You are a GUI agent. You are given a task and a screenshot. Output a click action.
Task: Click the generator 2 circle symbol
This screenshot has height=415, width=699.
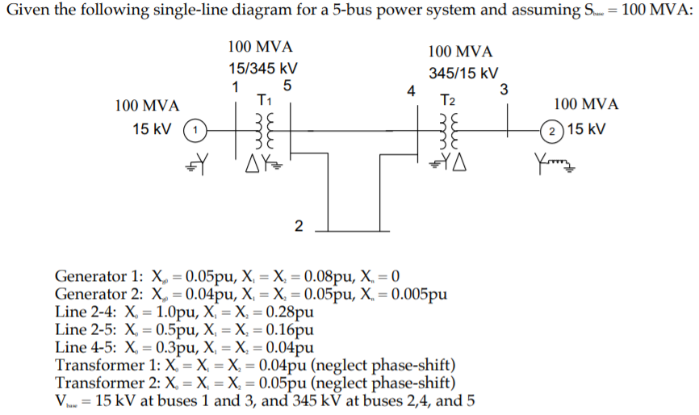tap(550, 129)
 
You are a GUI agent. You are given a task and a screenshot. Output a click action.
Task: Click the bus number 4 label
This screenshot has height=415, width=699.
tap(411, 89)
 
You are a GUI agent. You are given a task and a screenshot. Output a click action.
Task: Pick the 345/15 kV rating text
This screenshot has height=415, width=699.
tap(463, 73)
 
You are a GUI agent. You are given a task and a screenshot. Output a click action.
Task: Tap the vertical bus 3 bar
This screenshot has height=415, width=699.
tap(506, 129)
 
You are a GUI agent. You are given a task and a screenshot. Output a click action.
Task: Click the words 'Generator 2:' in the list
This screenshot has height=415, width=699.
tap(98, 293)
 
